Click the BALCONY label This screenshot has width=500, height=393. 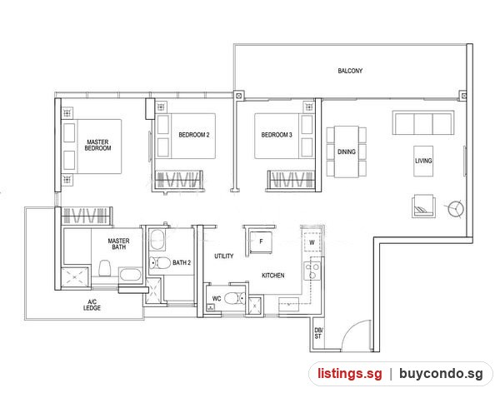click(x=350, y=71)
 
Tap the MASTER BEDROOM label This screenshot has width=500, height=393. click(x=97, y=145)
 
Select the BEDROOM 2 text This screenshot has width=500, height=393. click(x=194, y=135)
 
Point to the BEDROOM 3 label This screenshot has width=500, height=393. click(x=277, y=135)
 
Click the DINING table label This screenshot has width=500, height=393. click(x=347, y=152)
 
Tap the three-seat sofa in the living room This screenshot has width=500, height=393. click(x=423, y=122)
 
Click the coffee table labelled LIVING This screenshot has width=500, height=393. click(x=423, y=161)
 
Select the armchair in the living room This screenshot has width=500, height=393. click(x=424, y=206)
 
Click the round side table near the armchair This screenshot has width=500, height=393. click(x=456, y=209)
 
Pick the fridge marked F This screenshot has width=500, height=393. click(x=261, y=242)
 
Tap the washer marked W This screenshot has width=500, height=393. click(x=312, y=242)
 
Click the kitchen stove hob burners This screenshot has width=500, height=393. click(x=312, y=271)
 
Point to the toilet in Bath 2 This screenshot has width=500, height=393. click(x=160, y=263)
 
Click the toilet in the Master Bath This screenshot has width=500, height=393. click(x=105, y=269)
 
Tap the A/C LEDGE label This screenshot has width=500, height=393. click(x=92, y=305)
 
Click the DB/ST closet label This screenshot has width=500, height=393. click(x=318, y=333)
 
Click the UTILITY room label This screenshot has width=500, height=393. click(x=224, y=256)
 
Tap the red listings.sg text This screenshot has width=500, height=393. click(x=350, y=373)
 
